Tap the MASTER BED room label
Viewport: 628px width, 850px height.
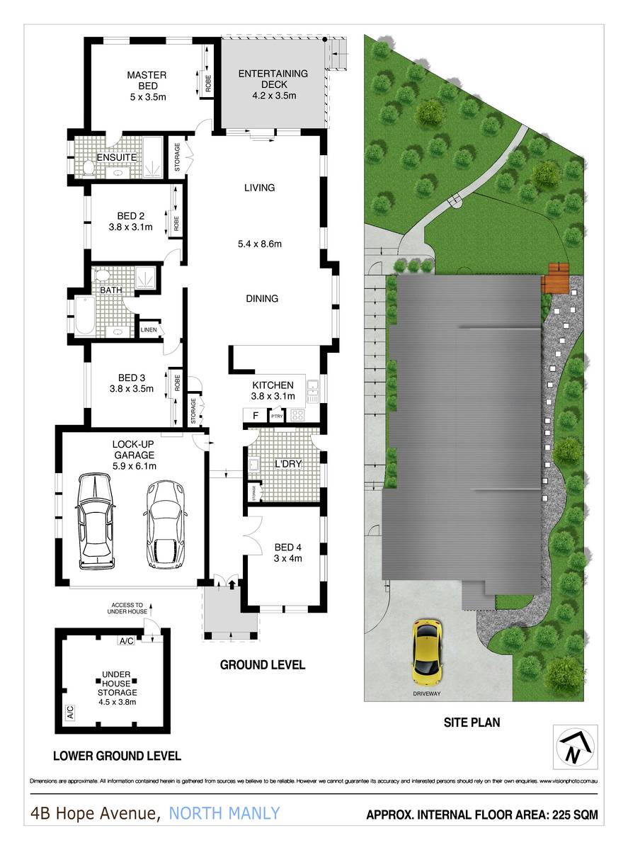(x=147, y=81)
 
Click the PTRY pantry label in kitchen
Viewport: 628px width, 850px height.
(x=275, y=416)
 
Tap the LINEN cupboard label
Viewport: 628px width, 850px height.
(x=149, y=330)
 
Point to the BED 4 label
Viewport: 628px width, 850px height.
(x=288, y=551)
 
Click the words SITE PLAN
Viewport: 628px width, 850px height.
(x=471, y=723)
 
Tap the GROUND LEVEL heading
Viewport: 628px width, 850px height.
(x=262, y=665)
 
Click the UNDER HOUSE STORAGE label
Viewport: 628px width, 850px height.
(x=118, y=687)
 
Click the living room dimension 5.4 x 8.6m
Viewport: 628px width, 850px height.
(x=259, y=244)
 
